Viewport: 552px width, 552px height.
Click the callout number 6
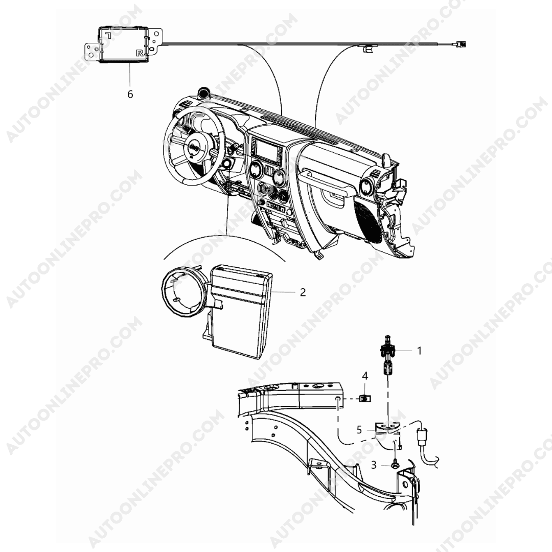[130, 95]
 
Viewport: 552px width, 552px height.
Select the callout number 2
[303, 292]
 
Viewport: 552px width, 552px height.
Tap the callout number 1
[419, 351]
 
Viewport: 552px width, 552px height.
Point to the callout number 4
[365, 376]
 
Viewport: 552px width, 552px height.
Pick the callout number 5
[359, 430]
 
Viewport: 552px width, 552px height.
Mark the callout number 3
[374, 465]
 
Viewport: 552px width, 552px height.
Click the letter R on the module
[140, 53]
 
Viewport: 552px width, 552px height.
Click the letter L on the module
[108, 35]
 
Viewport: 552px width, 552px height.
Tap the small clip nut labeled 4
[365, 399]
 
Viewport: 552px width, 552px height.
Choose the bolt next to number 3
[395, 465]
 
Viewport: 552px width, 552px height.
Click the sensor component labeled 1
[387, 356]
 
